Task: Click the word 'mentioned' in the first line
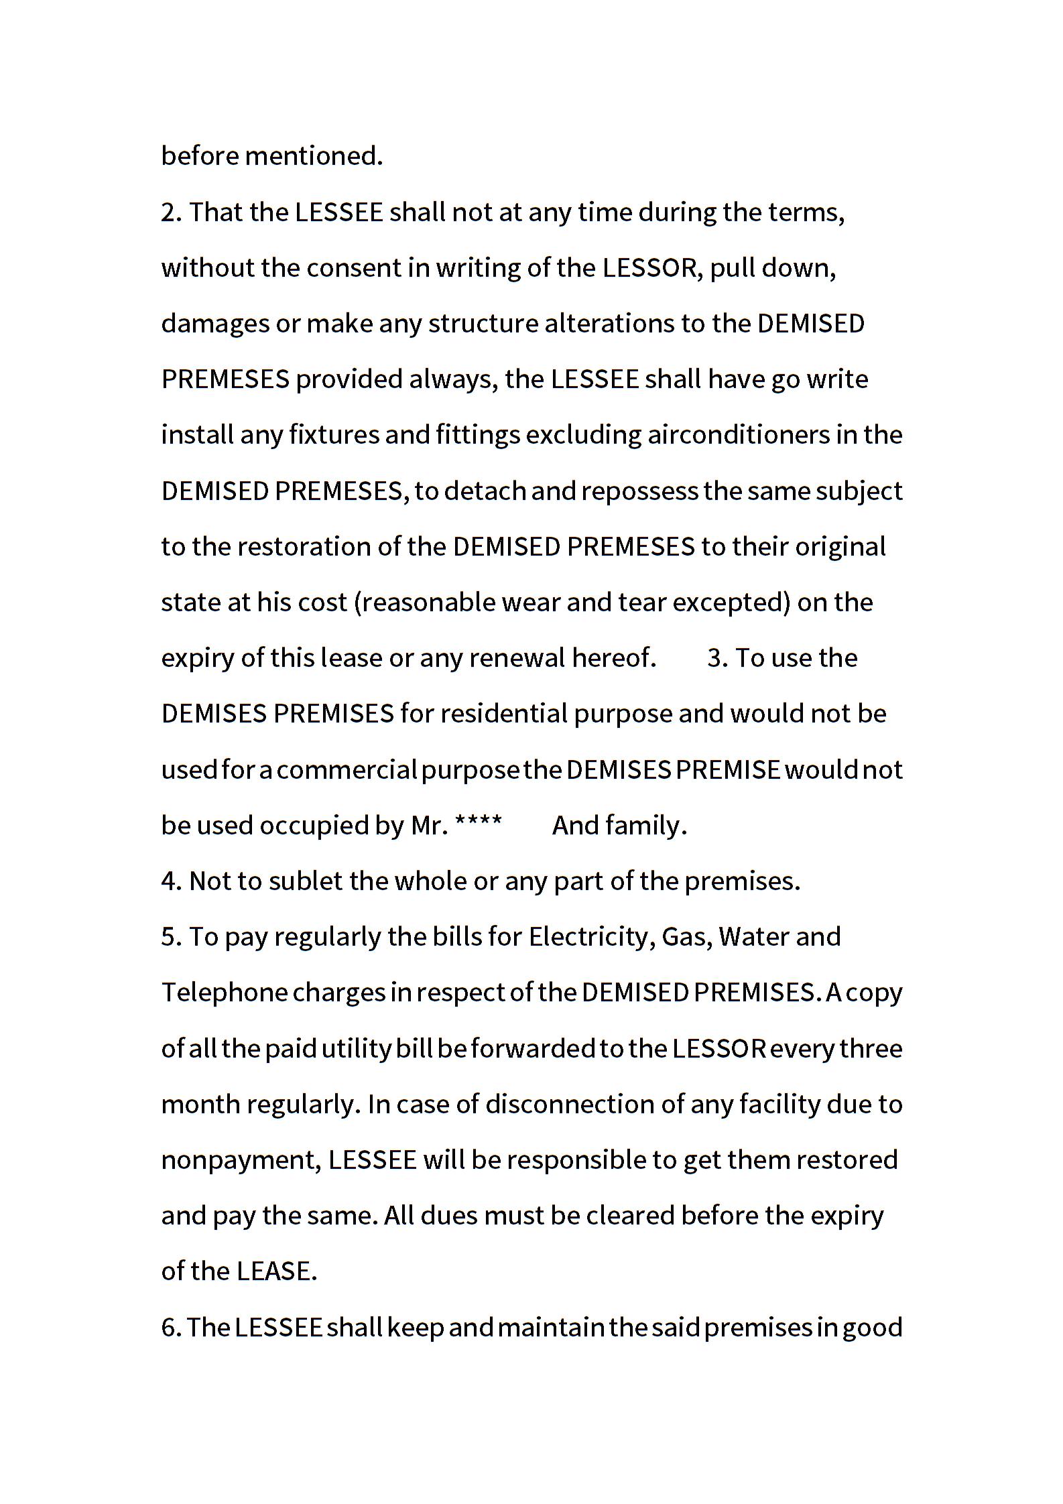click(314, 156)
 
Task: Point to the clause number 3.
click(717, 658)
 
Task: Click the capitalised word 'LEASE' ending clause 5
click(275, 1271)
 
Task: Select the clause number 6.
click(170, 1327)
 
